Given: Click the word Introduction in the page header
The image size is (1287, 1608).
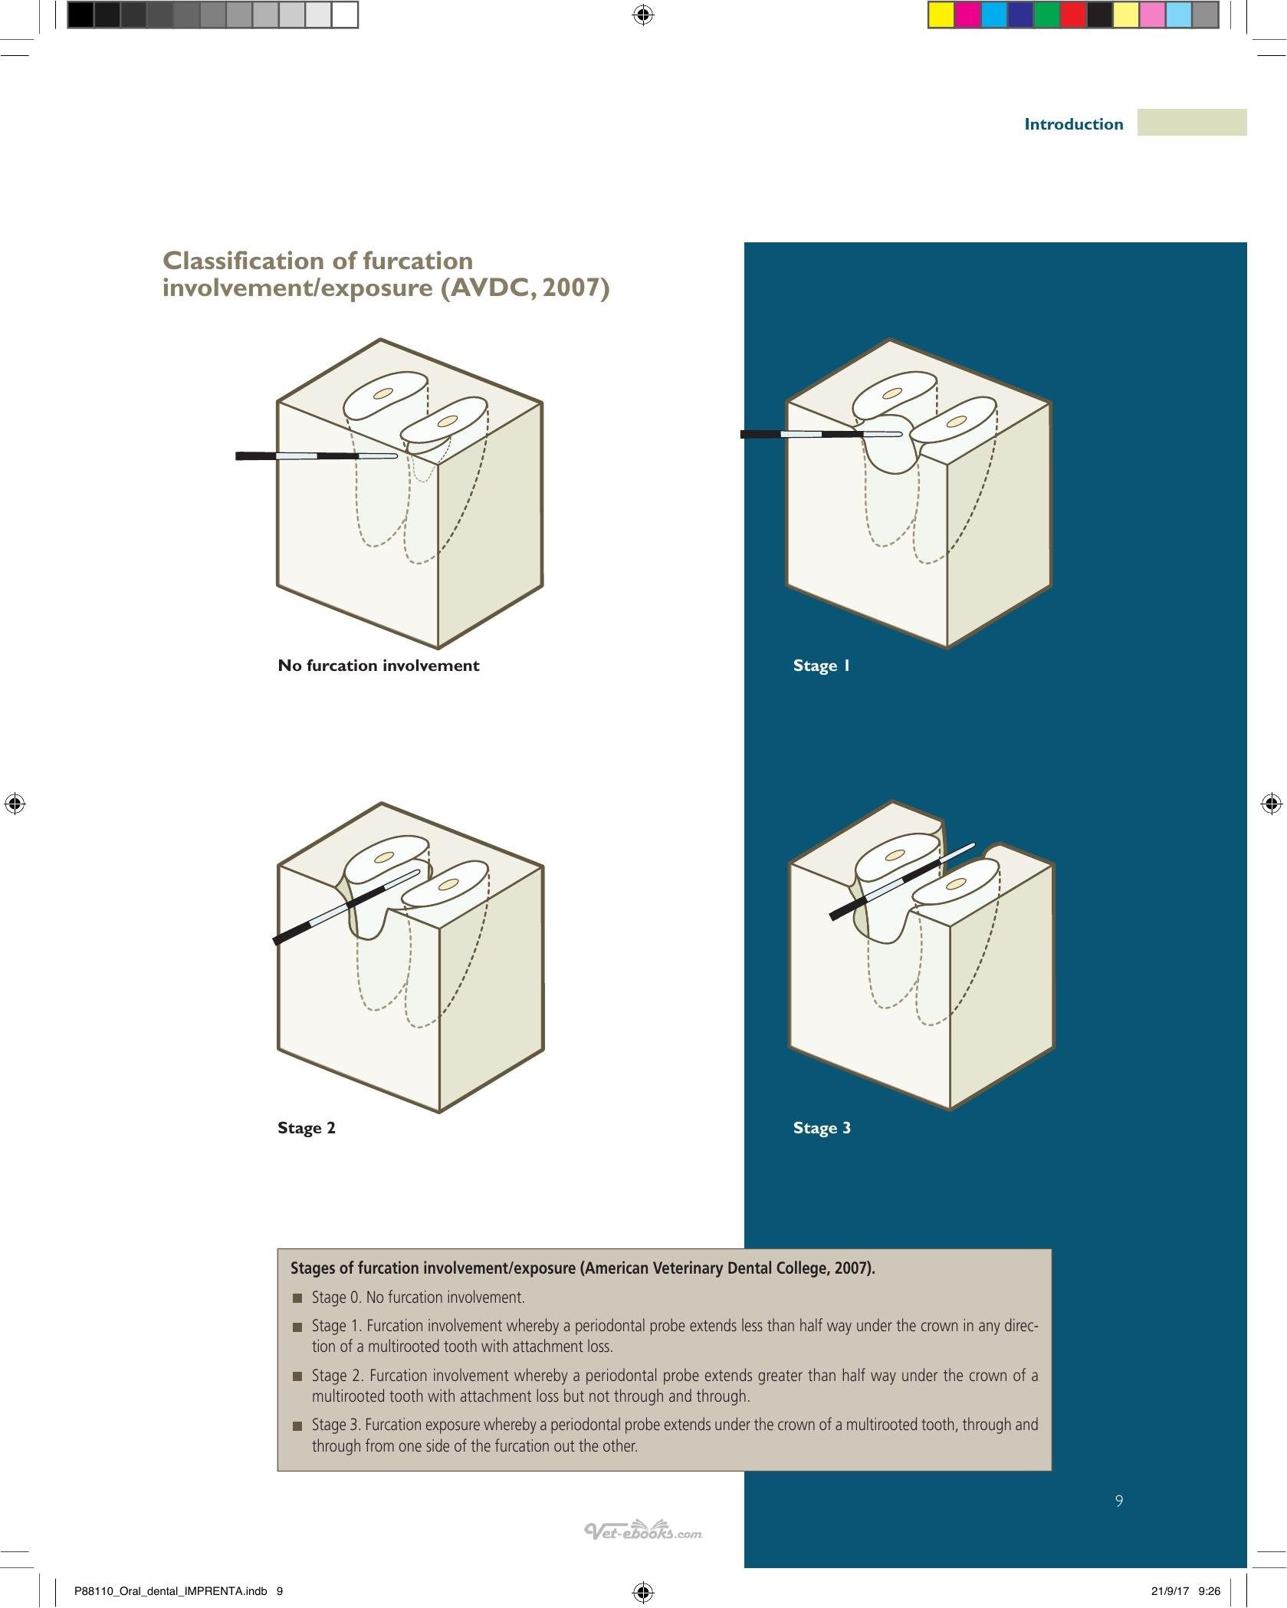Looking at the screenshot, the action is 1073,124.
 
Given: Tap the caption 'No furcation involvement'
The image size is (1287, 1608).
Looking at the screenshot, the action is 379,666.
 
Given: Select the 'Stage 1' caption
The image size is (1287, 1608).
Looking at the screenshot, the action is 822,666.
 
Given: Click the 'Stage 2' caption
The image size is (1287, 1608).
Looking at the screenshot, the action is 307,1128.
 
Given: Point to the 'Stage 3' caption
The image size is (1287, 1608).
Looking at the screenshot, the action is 822,1128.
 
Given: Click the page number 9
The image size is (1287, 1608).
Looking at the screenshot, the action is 1119,1501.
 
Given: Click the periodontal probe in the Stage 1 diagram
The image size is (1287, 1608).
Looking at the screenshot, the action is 821,434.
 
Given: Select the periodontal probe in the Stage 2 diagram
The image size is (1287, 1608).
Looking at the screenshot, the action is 347,906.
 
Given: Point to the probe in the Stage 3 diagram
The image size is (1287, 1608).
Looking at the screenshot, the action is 903,882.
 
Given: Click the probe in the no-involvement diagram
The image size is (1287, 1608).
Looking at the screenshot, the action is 317,456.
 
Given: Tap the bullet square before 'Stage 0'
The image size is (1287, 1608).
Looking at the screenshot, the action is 297,1298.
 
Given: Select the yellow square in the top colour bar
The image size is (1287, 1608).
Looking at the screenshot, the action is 941,15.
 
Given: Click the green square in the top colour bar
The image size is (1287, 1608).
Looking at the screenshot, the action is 1046,15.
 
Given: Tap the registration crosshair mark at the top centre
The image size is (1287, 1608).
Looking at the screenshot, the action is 643,15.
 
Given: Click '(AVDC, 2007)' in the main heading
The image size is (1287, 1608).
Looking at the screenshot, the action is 525,288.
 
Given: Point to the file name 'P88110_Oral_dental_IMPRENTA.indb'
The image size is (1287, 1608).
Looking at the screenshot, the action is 171,1591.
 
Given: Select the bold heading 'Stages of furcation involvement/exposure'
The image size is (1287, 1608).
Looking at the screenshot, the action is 433,1268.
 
